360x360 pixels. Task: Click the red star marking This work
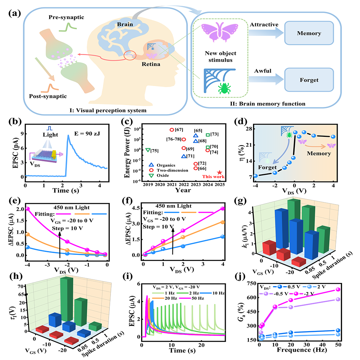coord(219,173)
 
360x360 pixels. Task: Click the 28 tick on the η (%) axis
coord(247,129)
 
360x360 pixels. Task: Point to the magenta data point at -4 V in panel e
coord(27,209)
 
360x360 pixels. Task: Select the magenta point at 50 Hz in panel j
coord(337,259)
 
